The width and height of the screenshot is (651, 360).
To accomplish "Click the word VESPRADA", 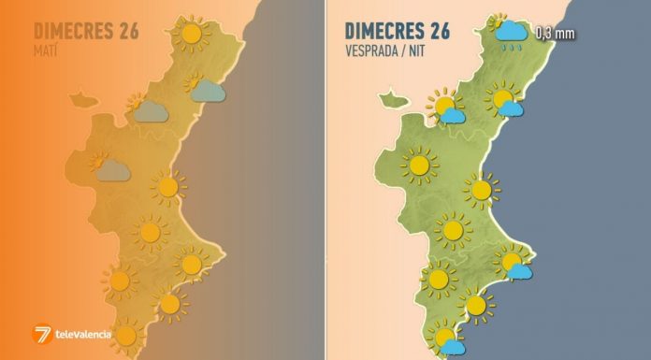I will pos(369,50).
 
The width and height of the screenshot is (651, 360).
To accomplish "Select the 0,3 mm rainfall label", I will pos(555,36).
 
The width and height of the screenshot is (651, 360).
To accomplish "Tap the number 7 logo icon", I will pos(42,335).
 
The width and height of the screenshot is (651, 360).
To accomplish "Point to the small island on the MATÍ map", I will pos(79,97).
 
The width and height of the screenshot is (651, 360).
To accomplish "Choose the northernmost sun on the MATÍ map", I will pos(192,35).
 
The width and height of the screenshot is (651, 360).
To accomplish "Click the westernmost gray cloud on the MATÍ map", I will pos(111,169).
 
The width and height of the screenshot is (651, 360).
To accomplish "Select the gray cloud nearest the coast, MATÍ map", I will pos(207,91).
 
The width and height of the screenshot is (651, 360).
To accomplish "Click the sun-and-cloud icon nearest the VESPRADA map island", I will pos(447,109).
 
